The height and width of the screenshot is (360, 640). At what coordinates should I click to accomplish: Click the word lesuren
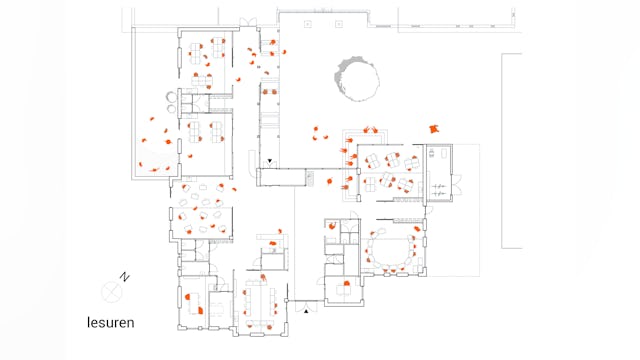point(111,322)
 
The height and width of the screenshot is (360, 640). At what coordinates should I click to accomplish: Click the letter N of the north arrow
point(124,277)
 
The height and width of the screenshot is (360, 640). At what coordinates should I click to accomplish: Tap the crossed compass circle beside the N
point(111,292)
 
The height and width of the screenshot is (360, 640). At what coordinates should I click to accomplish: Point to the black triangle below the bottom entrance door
point(306,311)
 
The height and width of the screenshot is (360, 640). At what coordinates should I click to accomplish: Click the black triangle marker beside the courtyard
point(269,161)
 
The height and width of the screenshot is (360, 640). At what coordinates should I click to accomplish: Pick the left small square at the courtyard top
point(308,24)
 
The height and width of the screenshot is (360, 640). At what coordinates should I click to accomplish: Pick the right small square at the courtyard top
point(339,24)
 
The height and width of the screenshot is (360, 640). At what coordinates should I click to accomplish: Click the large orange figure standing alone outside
point(434,129)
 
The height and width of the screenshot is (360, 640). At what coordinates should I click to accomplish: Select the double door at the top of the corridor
point(248,22)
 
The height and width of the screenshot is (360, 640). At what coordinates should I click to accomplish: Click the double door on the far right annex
point(457,184)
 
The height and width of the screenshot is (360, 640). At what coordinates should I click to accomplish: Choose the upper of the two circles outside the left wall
point(171,97)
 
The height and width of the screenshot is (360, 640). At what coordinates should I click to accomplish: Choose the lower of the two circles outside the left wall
point(171,108)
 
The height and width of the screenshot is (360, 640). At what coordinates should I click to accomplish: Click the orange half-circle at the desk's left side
point(188,297)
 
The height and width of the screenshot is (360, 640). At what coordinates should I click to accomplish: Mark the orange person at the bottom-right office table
point(347,283)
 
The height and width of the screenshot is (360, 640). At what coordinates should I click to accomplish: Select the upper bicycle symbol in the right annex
point(439,187)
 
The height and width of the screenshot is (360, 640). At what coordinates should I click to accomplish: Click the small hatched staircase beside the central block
point(310,178)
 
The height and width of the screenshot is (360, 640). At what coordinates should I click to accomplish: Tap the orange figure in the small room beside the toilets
point(333,225)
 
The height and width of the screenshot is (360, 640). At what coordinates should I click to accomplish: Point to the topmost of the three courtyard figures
point(316,129)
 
